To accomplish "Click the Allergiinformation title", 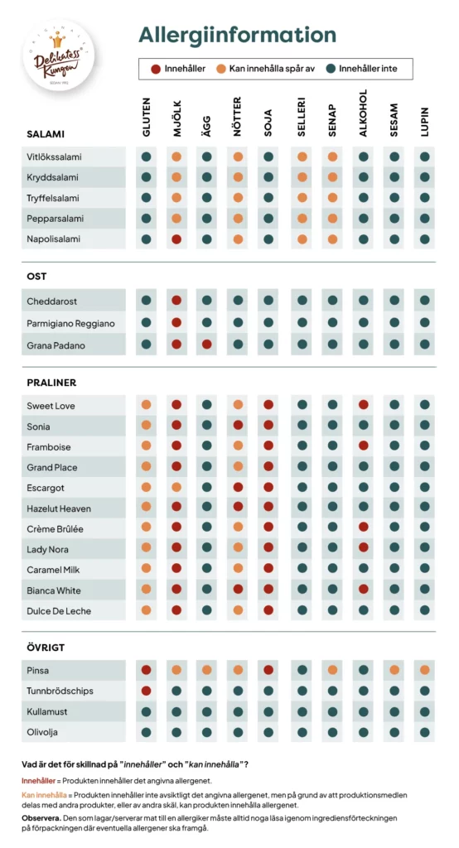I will point(237,35).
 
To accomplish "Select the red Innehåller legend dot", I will point(156,69).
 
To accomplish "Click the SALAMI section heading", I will point(46,133).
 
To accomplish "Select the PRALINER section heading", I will point(51,383).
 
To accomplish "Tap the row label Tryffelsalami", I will point(54,198).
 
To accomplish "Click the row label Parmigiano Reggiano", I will point(70,323).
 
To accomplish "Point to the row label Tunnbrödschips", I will point(60,691).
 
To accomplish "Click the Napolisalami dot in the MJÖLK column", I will point(176,239).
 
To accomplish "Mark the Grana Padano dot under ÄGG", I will point(207,344).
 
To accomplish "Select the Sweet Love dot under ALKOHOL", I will point(363,405).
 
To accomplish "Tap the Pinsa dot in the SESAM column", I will point(394,670).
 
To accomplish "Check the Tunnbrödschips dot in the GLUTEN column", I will point(147,691).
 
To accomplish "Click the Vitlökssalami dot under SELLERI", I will point(302,157).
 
